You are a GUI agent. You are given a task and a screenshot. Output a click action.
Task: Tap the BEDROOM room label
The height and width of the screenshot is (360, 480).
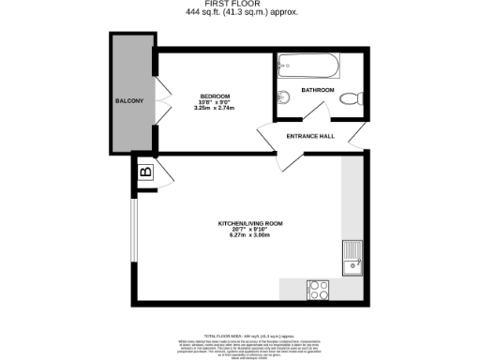[215, 95]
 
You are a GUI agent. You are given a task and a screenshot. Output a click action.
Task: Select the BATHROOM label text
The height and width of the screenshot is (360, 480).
[318, 90]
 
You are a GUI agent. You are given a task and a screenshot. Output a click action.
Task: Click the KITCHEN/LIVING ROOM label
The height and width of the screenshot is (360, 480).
[250, 223]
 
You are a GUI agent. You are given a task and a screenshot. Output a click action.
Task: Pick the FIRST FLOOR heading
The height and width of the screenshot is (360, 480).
[240, 5]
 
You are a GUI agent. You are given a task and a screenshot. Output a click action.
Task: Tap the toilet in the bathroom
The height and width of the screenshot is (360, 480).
[351, 97]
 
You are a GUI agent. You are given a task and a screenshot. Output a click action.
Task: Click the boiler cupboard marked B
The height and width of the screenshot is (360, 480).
[145, 172]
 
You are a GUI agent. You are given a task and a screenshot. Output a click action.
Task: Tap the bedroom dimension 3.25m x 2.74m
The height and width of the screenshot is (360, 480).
[215, 108]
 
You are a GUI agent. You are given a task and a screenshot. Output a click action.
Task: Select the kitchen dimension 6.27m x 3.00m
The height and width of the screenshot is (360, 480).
[249, 235]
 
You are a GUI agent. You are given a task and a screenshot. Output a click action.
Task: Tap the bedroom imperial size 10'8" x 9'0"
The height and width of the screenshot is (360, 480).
[215, 101]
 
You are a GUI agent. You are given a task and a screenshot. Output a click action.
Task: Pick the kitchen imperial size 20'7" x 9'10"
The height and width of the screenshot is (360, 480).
[249, 230]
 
